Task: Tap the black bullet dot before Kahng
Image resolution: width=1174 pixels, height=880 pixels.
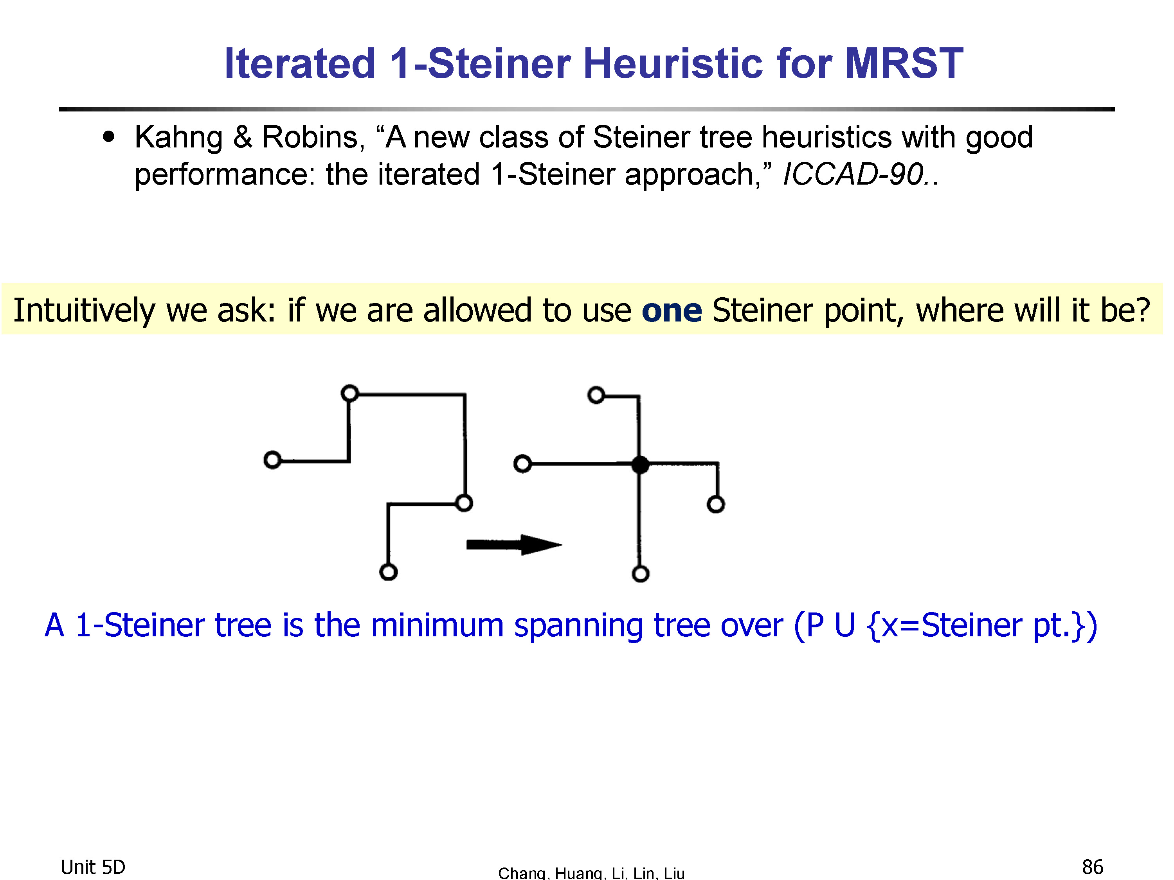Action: [109, 137]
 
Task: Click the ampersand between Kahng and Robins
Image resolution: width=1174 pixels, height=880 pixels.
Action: [243, 137]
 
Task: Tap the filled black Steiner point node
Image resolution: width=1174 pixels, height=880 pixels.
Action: [641, 465]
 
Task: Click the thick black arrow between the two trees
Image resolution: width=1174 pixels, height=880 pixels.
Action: [514, 545]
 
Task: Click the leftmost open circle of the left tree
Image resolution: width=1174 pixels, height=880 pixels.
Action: [272, 460]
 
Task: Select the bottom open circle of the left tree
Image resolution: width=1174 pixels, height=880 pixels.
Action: [389, 572]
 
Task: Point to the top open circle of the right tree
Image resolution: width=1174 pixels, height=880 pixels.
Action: [596, 395]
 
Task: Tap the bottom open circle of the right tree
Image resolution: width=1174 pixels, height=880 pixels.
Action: [641, 574]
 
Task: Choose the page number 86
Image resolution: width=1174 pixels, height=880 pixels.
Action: [1093, 867]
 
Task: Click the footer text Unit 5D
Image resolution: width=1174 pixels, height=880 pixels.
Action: [93, 867]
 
